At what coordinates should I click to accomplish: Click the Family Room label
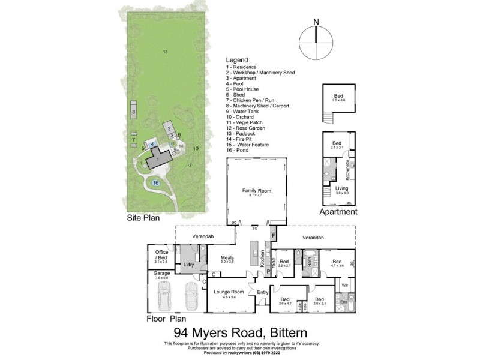click(x=256, y=191)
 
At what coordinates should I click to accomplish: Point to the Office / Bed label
click(x=161, y=254)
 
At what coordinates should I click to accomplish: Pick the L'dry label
click(x=188, y=265)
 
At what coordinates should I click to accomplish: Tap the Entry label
click(x=263, y=292)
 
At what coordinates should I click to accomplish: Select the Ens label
click(x=344, y=302)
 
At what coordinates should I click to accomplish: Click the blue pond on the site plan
click(x=155, y=182)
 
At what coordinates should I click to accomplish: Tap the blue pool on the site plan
click(x=153, y=145)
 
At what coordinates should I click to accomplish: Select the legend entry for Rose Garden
click(x=246, y=128)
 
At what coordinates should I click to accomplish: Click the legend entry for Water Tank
click(x=245, y=111)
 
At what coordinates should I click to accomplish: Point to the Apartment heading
click(x=338, y=212)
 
